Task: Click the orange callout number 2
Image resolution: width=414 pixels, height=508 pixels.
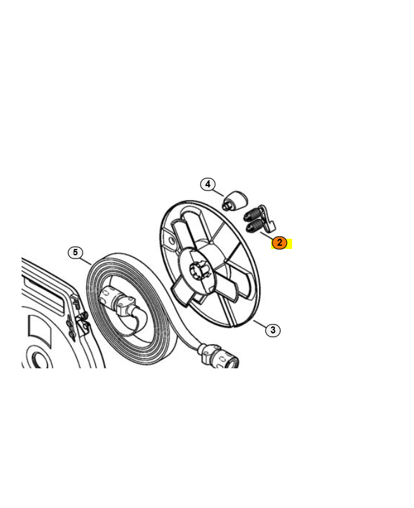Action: click(279, 243)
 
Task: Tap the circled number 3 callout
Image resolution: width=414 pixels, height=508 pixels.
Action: click(273, 330)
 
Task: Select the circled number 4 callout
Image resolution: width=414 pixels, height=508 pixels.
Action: click(208, 184)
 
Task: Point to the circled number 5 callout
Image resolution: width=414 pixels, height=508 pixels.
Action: click(76, 252)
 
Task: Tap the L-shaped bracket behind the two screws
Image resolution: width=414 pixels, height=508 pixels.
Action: click(267, 219)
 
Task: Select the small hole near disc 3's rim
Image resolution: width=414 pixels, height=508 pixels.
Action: click(171, 241)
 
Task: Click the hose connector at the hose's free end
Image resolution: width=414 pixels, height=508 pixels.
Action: click(220, 356)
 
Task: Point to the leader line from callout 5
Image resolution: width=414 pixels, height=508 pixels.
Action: click(86, 261)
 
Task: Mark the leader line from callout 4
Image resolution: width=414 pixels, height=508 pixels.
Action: click(218, 192)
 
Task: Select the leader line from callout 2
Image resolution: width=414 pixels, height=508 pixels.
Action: click(267, 236)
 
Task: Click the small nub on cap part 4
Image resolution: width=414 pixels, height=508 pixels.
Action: click(227, 205)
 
